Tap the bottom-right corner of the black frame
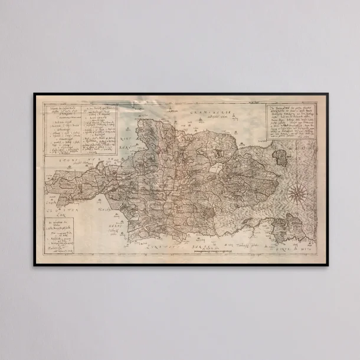[x=326, y=265]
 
